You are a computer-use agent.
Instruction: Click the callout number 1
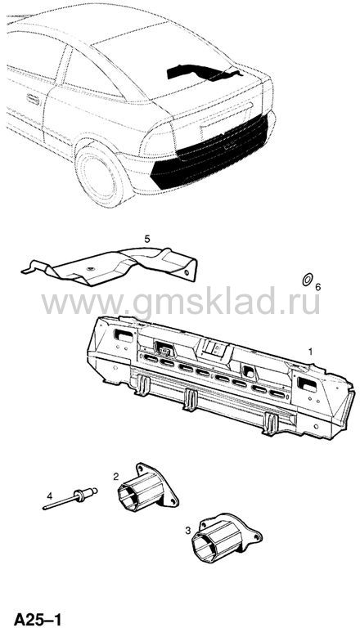pos(310,352)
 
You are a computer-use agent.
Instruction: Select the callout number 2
pos(116,477)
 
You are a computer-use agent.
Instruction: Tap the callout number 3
pos(188,532)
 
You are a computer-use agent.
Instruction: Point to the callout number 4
pos(49,496)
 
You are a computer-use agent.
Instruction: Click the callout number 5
pos(147,239)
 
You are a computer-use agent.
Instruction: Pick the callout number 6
pos(318,287)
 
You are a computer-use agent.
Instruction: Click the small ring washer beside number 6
pos(307,280)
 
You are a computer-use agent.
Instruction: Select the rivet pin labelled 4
pos(70,499)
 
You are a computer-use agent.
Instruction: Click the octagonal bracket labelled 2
pos(147,487)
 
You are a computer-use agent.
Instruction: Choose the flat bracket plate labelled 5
pos(110,267)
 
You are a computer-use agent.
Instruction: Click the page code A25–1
pos(38,619)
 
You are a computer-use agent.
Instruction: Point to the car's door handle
pos(33,99)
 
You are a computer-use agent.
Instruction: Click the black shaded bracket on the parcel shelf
pos(205,72)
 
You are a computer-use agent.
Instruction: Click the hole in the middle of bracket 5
pos(91,268)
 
